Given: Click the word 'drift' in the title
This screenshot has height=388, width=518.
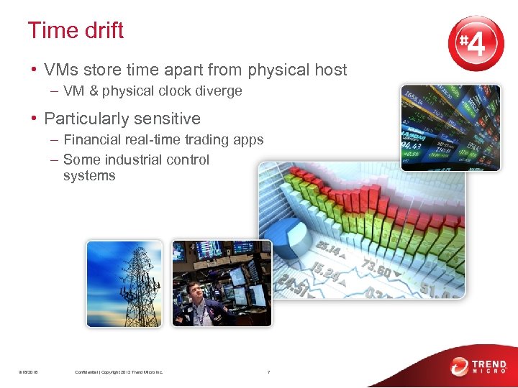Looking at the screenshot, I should pyautogui.click(x=104, y=31).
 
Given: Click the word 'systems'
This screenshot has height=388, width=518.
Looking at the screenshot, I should pyautogui.click(x=88, y=176).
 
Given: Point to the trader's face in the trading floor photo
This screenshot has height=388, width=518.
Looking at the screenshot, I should pyautogui.click(x=194, y=291).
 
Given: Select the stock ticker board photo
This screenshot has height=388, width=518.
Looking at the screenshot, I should pyautogui.click(x=451, y=127).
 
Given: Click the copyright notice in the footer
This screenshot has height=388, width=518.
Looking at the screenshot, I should pyautogui.click(x=119, y=372).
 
